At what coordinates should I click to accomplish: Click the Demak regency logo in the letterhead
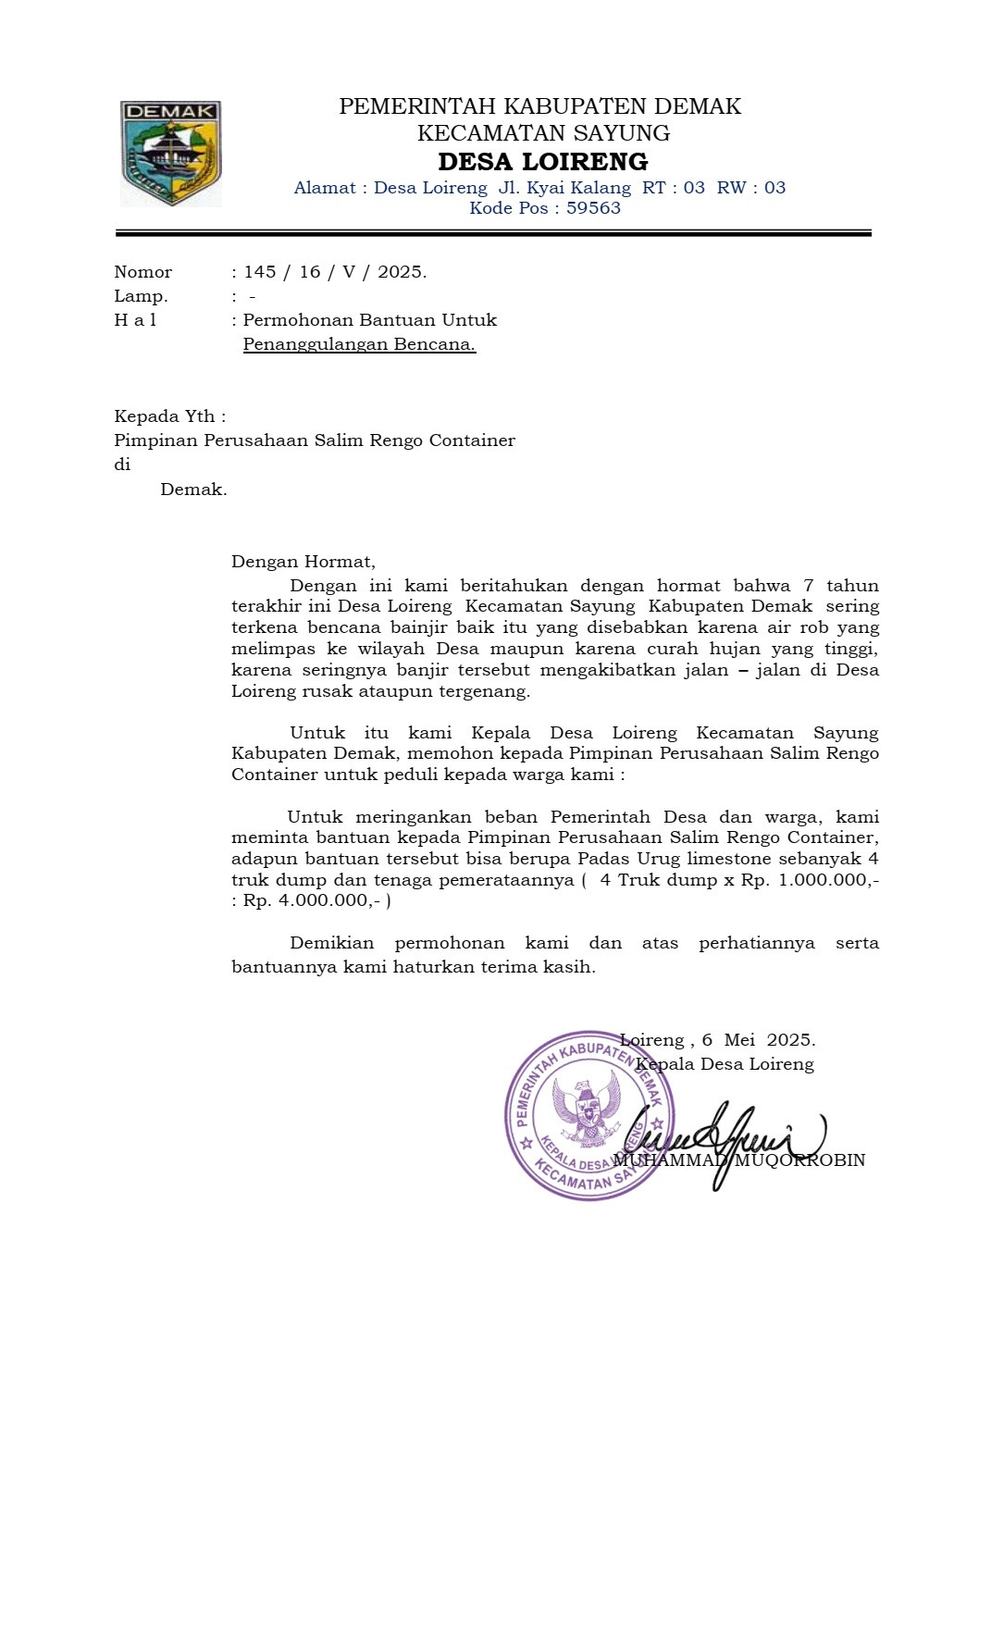coord(170,153)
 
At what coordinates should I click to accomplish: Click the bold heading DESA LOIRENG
coord(542,162)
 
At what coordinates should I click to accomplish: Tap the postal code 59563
coord(593,208)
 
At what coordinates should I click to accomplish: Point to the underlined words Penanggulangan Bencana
coord(359,345)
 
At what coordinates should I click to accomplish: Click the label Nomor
coord(142,272)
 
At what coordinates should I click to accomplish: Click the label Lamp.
coord(141,297)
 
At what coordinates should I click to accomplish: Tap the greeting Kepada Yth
coord(169,416)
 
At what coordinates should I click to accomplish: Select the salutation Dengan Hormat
coord(303,562)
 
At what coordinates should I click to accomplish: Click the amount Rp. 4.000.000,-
coord(312,901)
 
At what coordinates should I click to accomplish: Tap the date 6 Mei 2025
coord(758,1040)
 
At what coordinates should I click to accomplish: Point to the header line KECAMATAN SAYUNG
coord(543,133)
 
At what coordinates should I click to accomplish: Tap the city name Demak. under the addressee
coord(193,490)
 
